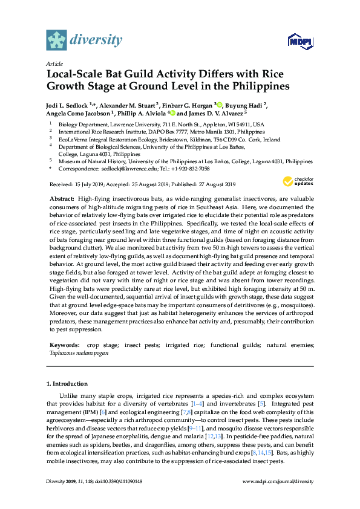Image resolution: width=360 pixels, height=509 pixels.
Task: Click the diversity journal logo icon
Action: (x=56, y=40)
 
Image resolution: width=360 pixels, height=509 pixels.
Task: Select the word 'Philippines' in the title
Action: (x=254, y=86)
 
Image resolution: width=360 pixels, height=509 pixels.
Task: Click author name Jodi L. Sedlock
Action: (x=68, y=104)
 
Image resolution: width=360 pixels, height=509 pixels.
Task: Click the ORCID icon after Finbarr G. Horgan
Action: (x=220, y=103)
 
